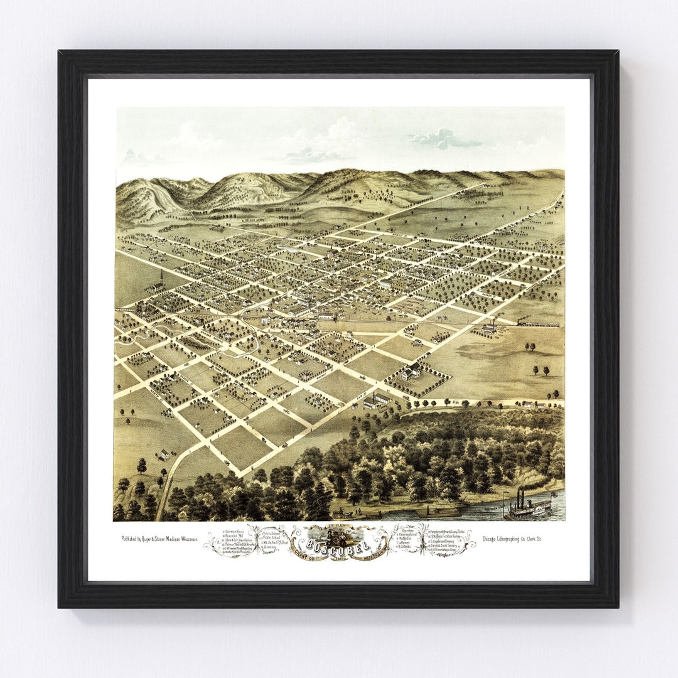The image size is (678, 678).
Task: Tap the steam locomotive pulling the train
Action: coord(522,322)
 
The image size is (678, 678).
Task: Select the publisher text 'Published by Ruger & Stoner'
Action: coord(159,539)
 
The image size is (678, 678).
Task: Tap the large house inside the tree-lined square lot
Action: coord(412,372)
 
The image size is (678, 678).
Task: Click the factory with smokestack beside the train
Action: coord(490,326)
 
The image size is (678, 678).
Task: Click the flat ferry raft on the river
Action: coord(439,512)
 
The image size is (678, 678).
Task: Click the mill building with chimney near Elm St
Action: coord(378,399)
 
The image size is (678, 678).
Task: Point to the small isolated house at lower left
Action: coord(164,453)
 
